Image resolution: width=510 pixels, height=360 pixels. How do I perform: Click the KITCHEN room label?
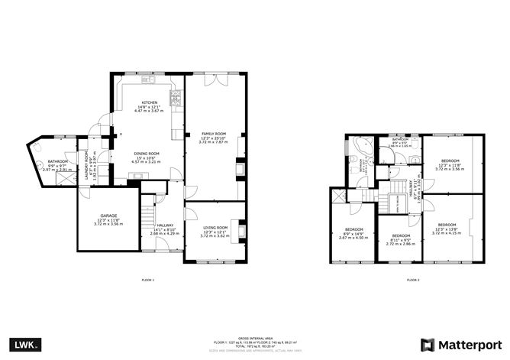[x=149, y=103]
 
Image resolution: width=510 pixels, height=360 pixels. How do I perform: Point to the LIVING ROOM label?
[x=215, y=228]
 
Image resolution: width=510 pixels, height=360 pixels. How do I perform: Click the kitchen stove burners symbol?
[x=176, y=96]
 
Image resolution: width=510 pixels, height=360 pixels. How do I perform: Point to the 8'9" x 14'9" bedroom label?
[x=353, y=230]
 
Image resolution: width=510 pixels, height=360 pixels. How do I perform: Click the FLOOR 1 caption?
[x=148, y=281]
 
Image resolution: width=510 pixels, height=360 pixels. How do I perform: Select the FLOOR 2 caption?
[x=413, y=281]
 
